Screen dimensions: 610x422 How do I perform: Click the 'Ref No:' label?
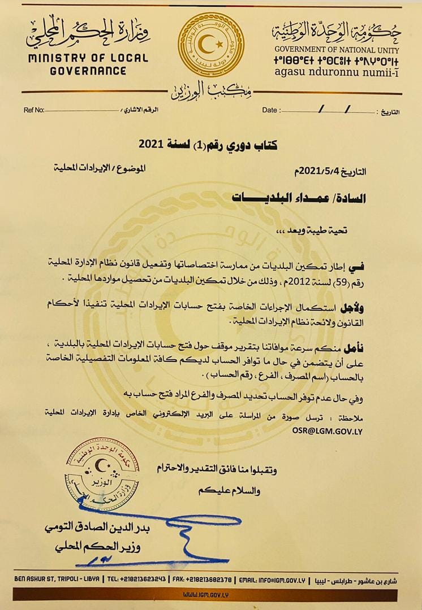[x=34, y=110]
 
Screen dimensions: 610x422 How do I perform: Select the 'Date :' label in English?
[x=270, y=110]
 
